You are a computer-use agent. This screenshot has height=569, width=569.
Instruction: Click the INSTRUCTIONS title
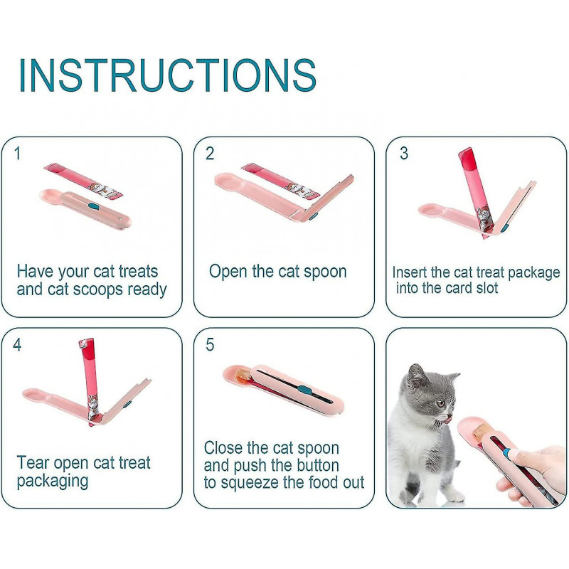point(167,74)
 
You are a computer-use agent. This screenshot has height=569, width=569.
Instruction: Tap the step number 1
point(18,153)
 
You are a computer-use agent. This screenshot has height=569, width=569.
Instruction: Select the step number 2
point(210,154)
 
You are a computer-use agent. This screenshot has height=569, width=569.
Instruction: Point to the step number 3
point(403,154)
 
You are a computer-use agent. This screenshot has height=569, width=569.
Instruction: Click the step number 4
point(17,345)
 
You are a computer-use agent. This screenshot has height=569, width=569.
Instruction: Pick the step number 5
point(210,345)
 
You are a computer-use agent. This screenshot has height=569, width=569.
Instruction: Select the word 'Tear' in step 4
point(33,463)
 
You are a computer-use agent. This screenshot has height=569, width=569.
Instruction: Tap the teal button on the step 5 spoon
point(303,390)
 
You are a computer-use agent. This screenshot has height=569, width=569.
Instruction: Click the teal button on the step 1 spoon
point(94,207)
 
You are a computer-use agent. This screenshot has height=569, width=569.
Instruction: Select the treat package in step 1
point(84,180)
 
